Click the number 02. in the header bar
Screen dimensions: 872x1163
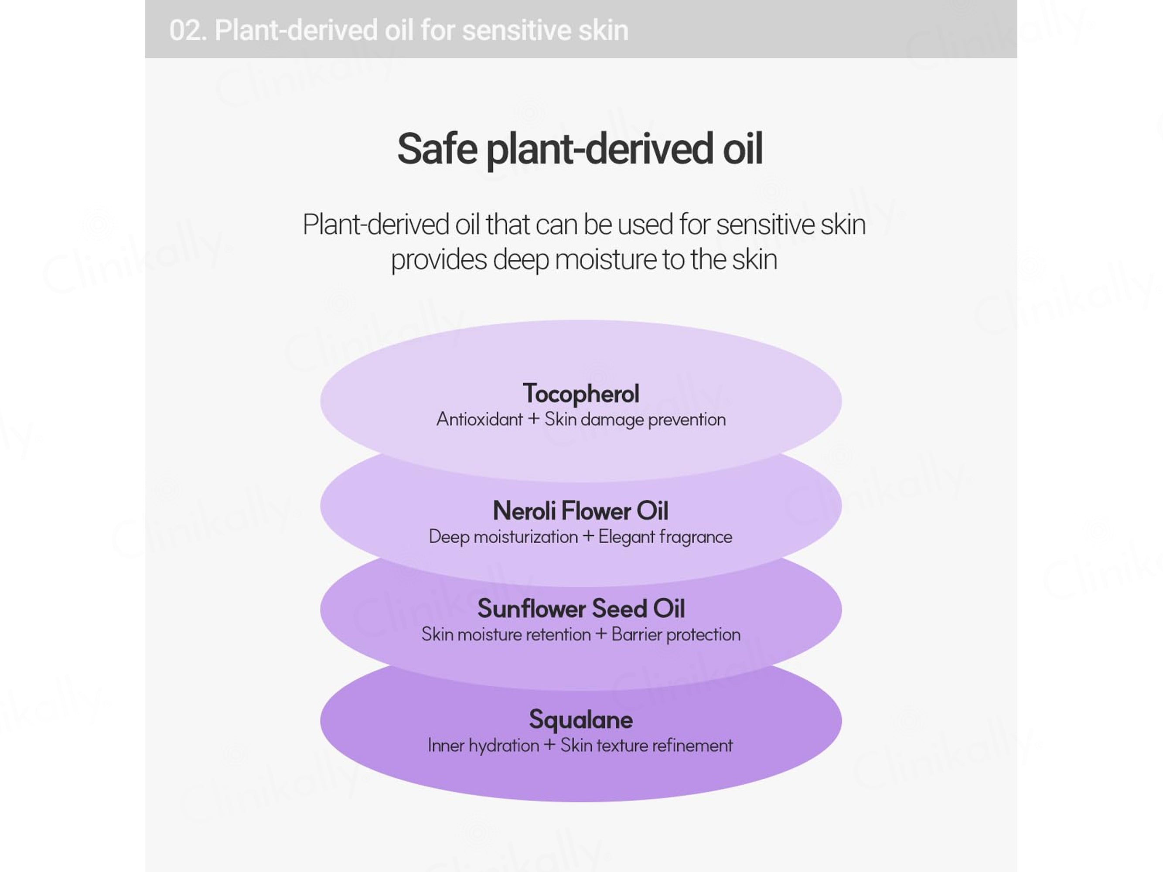(188, 31)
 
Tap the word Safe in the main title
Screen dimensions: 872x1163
(437, 149)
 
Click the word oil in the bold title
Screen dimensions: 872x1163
(742, 149)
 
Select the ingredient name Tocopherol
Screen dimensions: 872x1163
(581, 394)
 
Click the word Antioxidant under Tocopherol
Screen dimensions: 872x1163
(480, 419)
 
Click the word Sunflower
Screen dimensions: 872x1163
(532, 609)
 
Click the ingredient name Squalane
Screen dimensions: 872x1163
(581, 719)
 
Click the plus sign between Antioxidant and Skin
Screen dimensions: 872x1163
(534, 419)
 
